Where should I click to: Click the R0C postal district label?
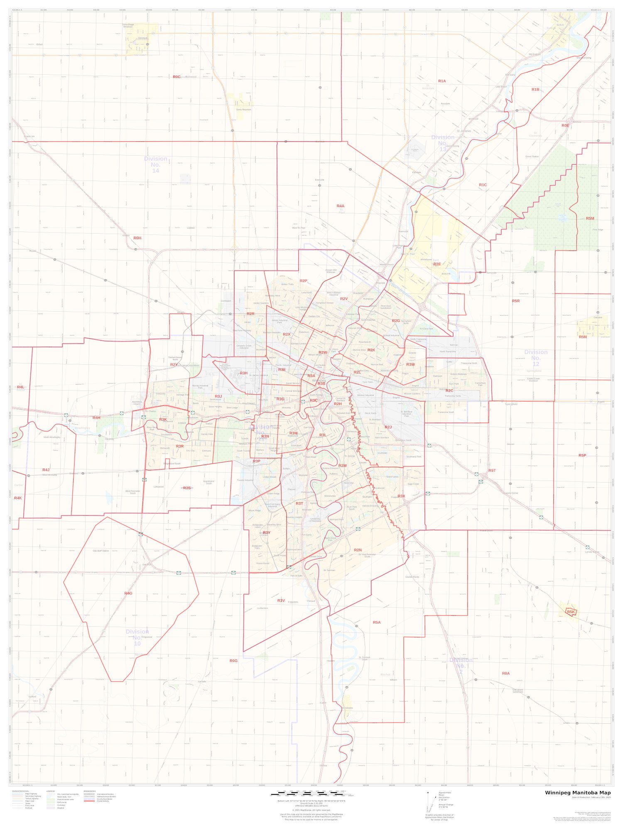(x=177, y=77)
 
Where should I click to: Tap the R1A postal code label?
(x=441, y=81)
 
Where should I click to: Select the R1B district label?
(x=535, y=89)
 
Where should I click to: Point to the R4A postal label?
(x=340, y=206)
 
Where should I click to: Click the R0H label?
(x=137, y=238)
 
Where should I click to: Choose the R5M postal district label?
(x=590, y=218)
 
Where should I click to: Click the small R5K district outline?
(x=571, y=612)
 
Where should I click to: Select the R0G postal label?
(x=233, y=661)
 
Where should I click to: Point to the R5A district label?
(x=376, y=622)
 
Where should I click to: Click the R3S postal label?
(x=187, y=488)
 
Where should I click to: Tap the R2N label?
(x=358, y=550)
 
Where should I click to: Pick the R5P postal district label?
(x=582, y=455)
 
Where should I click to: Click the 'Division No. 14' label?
(x=155, y=165)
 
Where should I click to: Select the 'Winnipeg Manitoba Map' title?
(x=578, y=793)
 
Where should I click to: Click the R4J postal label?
(x=46, y=470)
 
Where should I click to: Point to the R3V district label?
(x=281, y=601)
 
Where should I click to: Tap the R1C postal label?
(x=482, y=185)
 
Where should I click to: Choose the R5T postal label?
(x=492, y=471)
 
